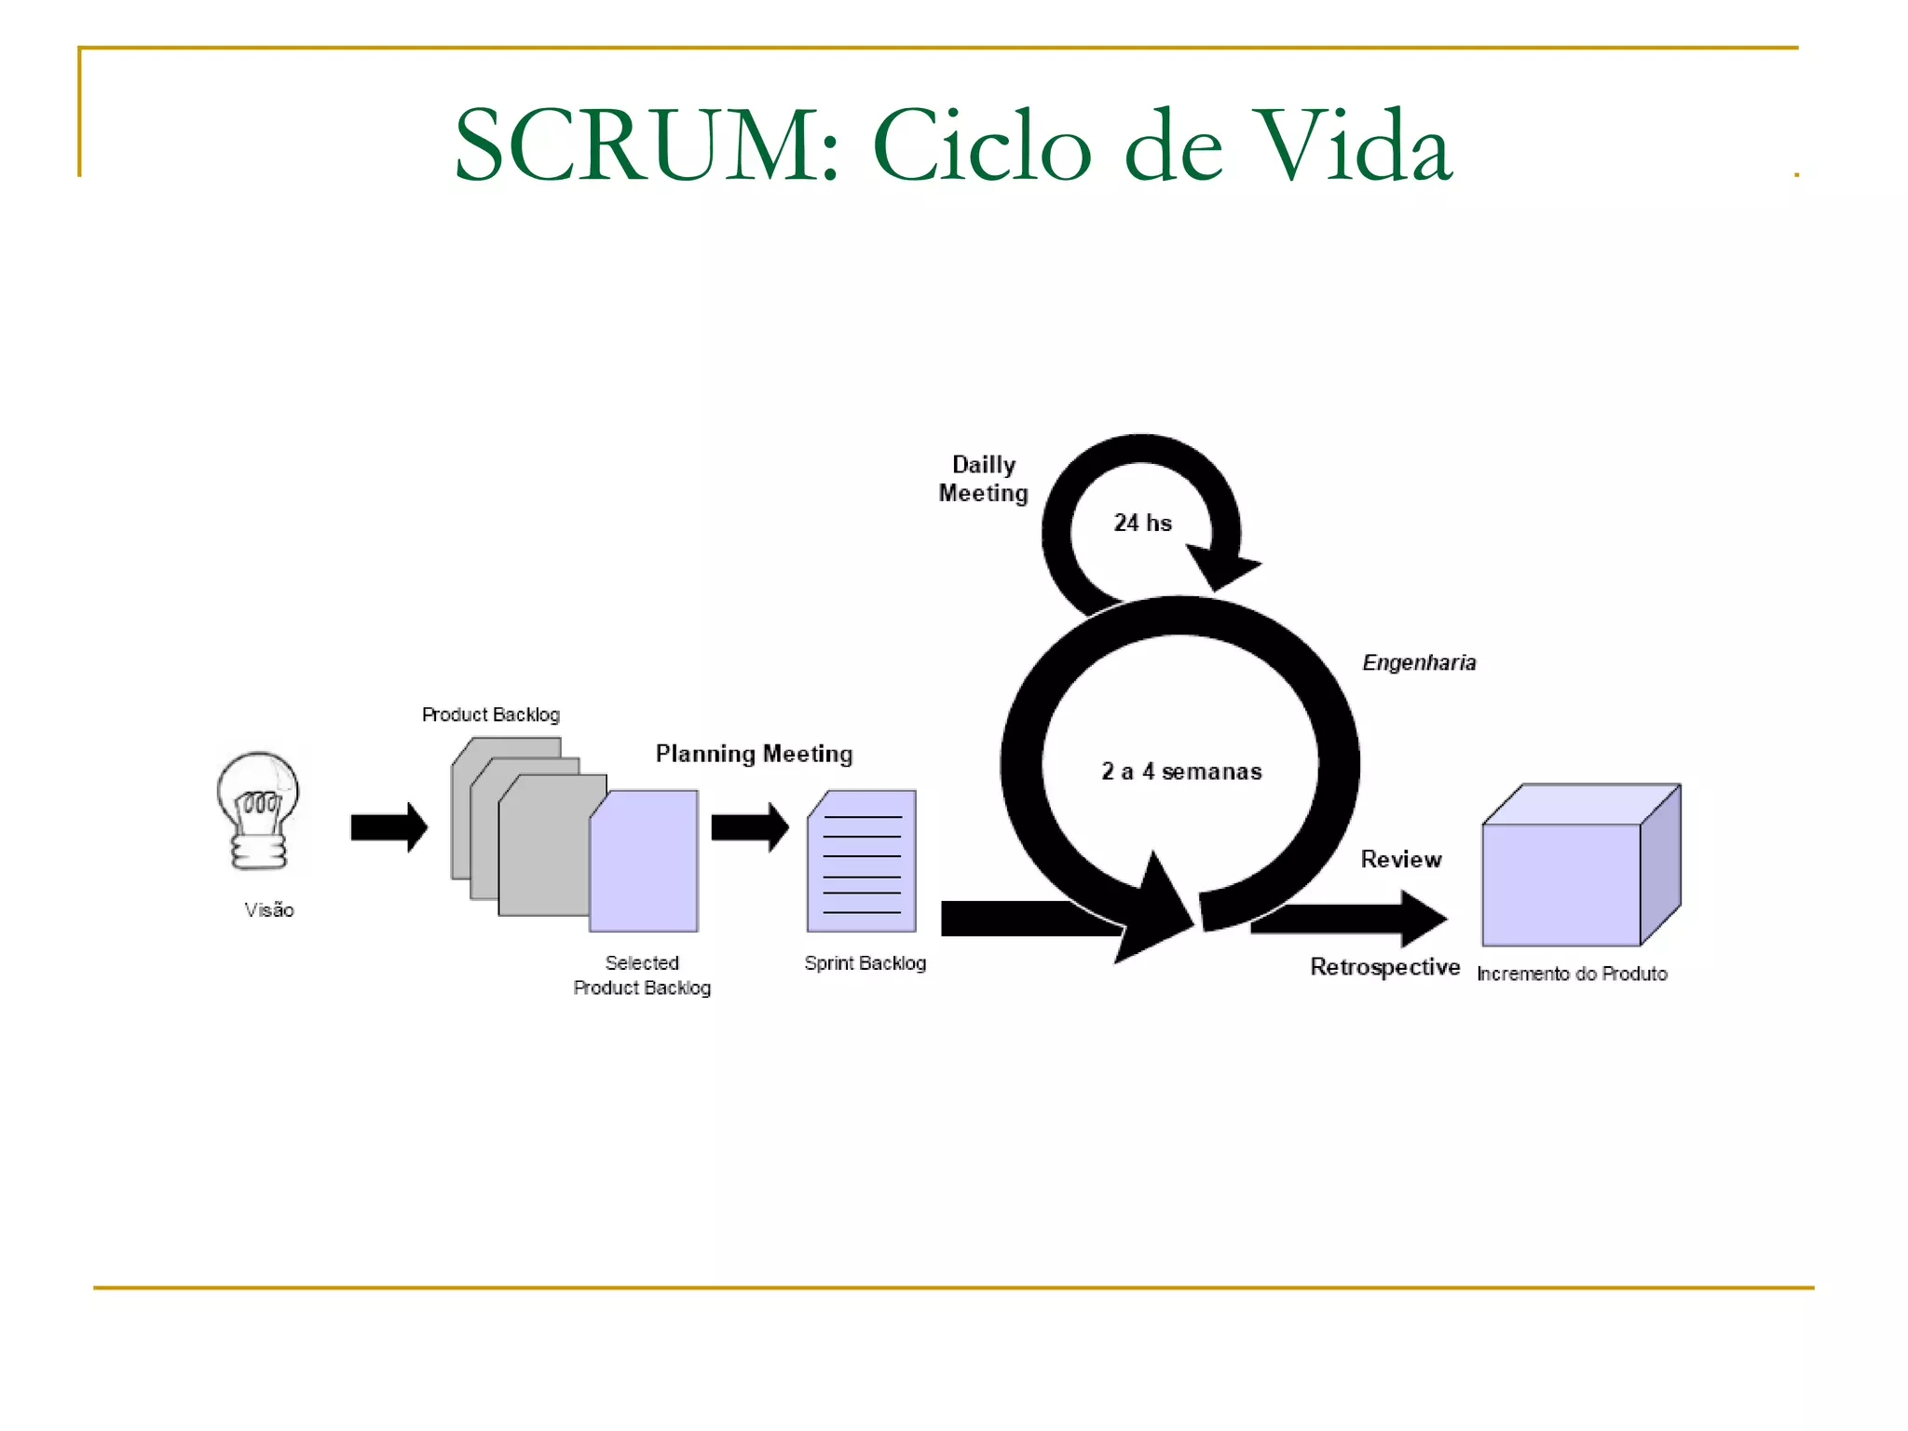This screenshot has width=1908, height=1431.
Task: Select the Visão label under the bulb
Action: [269, 910]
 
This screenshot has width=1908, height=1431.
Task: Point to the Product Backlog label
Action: [491, 715]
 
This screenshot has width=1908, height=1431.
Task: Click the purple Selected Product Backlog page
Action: [645, 862]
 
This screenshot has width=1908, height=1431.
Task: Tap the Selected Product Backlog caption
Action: [642, 975]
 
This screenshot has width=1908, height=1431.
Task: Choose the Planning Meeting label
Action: [754, 754]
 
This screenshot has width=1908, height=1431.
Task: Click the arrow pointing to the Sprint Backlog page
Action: [749, 827]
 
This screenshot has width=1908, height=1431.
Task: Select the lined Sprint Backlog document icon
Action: [862, 862]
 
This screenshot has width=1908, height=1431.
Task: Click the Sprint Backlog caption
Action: [865, 963]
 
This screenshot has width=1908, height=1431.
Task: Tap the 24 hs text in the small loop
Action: [1142, 523]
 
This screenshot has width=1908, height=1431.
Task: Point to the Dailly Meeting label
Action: [983, 479]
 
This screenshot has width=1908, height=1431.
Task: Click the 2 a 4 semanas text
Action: [1181, 771]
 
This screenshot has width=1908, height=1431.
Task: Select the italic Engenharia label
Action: [1419, 662]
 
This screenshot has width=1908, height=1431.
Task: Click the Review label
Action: [1400, 859]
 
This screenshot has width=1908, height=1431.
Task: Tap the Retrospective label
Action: [1384, 967]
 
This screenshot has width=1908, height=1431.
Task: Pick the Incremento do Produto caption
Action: [1572, 974]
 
